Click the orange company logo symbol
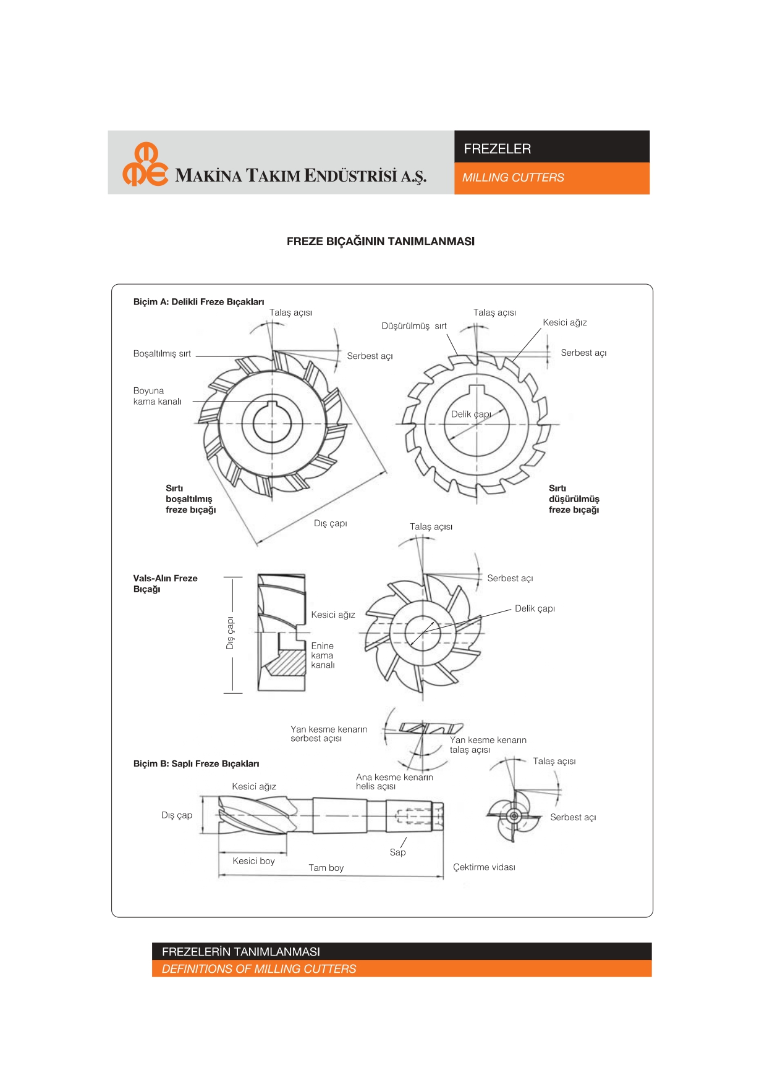[x=145, y=164]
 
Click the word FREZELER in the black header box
[x=497, y=149]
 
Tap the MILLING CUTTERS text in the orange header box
[x=513, y=178]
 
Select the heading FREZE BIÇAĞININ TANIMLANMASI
[x=380, y=242]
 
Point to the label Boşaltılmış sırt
[x=162, y=354]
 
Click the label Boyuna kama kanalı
[x=157, y=396]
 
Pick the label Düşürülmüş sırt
[x=413, y=326]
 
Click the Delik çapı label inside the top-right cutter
[x=470, y=414]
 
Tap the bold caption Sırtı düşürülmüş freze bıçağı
[x=574, y=499]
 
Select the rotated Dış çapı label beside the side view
[x=230, y=633]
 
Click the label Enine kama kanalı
[x=323, y=655]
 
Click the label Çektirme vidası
[x=484, y=867]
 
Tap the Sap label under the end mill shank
[x=397, y=852]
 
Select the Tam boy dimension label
[x=326, y=868]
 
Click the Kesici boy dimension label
[x=253, y=861]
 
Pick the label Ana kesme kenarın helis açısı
[x=394, y=782]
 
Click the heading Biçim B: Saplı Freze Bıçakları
[x=196, y=764]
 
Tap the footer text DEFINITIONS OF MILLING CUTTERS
[x=259, y=969]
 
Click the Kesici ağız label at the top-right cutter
[x=564, y=322]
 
